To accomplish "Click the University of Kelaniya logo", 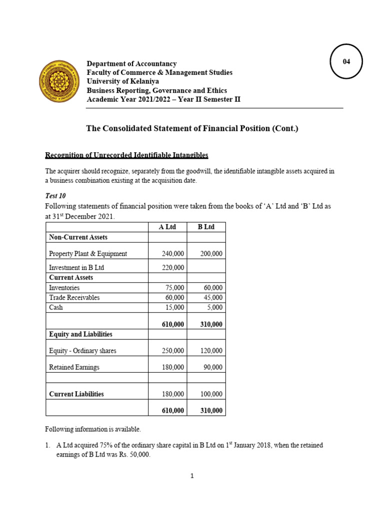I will click(x=58, y=82).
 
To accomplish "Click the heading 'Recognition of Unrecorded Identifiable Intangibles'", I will click(x=126, y=155).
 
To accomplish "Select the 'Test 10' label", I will click(x=56, y=196).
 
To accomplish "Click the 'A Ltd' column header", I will click(x=167, y=227).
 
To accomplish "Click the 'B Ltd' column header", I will click(x=206, y=227).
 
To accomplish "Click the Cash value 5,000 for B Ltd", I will click(x=214, y=307).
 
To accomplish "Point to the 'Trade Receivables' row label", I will click(x=74, y=297).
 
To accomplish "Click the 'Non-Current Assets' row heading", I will click(x=78, y=237).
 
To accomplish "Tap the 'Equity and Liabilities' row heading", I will click(x=80, y=334).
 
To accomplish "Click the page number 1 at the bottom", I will click(x=191, y=476).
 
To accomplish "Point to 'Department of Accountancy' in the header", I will click(x=131, y=64).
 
